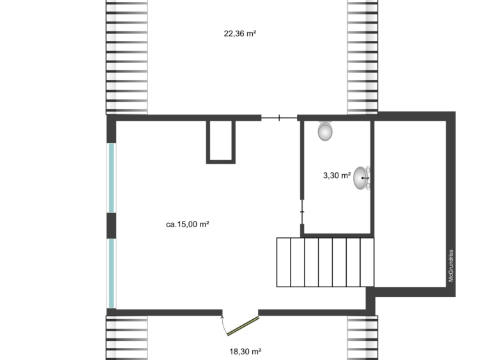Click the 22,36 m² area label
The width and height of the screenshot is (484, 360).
[x=240, y=33]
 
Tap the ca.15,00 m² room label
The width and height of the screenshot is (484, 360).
[x=187, y=224]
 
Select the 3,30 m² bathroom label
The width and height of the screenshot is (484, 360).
[x=337, y=176]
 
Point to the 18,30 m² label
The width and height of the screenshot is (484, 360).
[x=245, y=351]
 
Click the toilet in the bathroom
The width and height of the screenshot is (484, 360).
[x=325, y=131]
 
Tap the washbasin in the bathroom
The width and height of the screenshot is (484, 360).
[x=362, y=178]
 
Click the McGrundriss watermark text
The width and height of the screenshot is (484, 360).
[x=451, y=266]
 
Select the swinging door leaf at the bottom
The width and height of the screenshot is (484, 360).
[x=243, y=326]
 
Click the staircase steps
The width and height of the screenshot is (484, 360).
[x=325, y=262]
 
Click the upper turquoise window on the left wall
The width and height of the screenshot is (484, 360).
[x=112, y=177]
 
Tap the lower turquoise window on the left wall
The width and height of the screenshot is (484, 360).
[x=112, y=273]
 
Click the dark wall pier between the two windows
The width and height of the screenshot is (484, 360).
[x=112, y=226]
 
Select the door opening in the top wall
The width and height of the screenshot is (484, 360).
[x=279, y=118]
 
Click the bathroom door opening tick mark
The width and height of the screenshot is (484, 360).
[x=302, y=212]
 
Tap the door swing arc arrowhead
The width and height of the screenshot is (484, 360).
[x=222, y=317]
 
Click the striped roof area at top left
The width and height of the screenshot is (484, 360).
[x=126, y=57]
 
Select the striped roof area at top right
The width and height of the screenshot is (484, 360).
[x=363, y=56]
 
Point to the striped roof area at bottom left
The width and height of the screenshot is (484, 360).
[x=126, y=338]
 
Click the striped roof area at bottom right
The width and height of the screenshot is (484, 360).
[x=363, y=338]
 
